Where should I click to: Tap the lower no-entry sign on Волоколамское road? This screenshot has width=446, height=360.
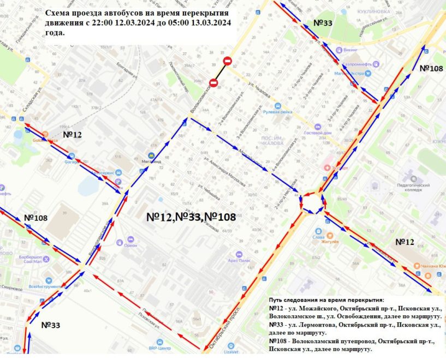coord(213,82)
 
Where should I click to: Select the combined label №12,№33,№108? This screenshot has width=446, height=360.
coord(191,217)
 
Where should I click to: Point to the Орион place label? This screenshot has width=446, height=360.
coord(130,245)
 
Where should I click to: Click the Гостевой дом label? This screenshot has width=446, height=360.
coord(316,133)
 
